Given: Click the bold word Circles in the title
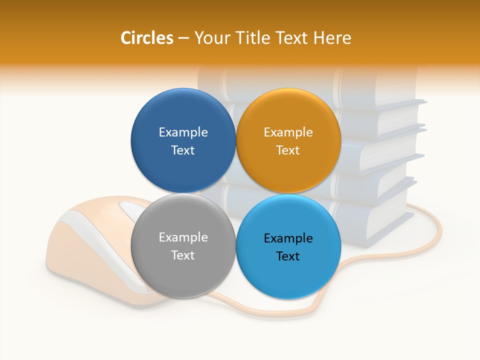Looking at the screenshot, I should [146, 38].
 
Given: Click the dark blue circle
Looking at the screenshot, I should [183, 110].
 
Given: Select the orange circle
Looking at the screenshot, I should [288, 110].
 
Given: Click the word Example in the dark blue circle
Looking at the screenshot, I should [183, 132].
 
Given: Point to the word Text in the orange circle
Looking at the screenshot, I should [288, 150].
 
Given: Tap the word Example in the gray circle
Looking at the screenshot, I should [183, 237].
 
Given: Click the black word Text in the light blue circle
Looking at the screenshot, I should [288, 256].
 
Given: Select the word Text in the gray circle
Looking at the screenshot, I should [183, 255].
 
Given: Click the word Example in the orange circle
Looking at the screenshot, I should [288, 132].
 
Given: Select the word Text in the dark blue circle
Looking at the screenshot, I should [183, 150].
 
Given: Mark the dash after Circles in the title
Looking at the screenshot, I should [183, 38].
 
